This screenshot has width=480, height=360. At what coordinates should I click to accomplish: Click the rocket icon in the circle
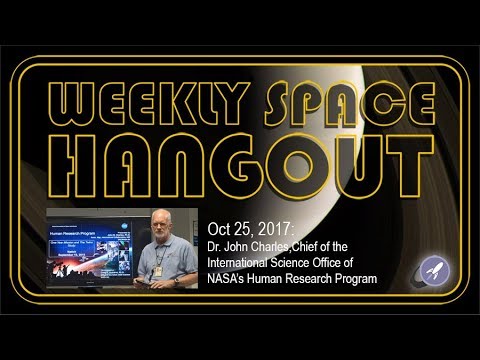coord(434,269)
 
